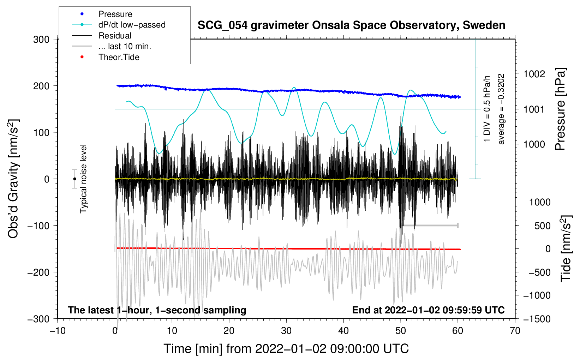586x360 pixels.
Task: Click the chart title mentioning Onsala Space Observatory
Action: tap(351, 25)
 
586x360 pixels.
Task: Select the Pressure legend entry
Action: tap(115, 14)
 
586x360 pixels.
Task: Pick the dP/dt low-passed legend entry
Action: tap(132, 25)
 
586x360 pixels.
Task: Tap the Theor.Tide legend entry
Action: tap(119, 57)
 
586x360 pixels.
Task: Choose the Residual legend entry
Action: tap(115, 36)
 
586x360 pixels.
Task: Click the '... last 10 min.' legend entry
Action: tap(125, 46)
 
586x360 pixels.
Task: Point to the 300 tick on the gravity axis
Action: tap(41, 40)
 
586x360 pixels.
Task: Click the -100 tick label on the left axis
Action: tap(38, 226)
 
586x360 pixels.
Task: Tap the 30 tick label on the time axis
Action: tap(286, 331)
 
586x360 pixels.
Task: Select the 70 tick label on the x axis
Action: tap(515, 331)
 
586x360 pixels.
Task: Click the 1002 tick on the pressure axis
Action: tap(534, 74)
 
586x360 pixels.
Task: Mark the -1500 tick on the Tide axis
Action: tap(537, 319)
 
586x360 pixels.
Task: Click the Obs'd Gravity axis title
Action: tap(13, 179)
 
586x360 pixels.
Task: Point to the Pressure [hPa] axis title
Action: tap(560, 109)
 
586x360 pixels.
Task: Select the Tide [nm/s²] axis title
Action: tap(566, 249)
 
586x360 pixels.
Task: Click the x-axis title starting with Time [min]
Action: tap(286, 349)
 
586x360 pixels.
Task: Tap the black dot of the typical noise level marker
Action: tap(74, 179)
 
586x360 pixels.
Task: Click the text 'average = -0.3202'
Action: tap(501, 109)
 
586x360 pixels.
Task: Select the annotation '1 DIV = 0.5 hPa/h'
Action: tap(487, 109)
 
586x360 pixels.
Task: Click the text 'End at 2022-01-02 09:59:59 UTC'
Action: tap(428, 310)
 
